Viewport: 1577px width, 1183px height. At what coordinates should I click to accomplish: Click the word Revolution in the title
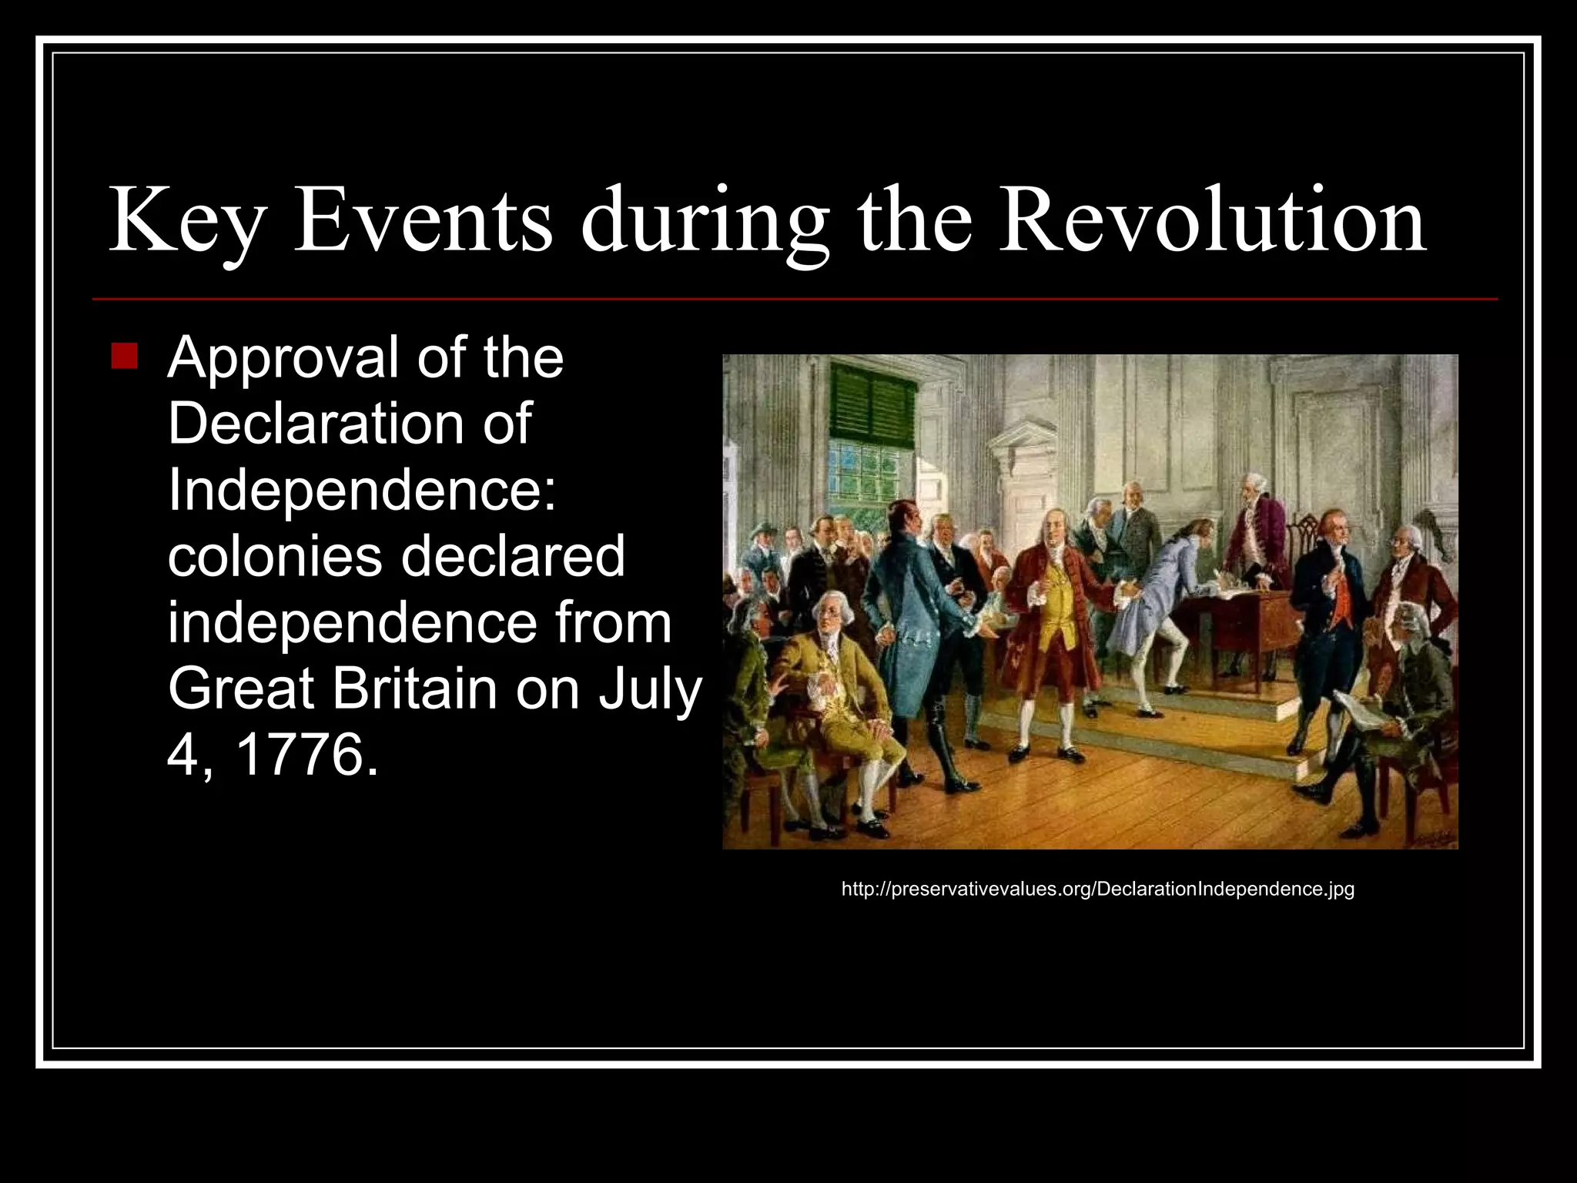click(x=1212, y=220)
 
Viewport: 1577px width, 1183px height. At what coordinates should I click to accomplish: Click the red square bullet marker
click(x=124, y=357)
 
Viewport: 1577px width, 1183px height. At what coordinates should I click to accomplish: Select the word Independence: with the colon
click(x=362, y=490)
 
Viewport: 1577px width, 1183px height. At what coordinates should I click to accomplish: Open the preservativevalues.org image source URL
click(x=1097, y=889)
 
